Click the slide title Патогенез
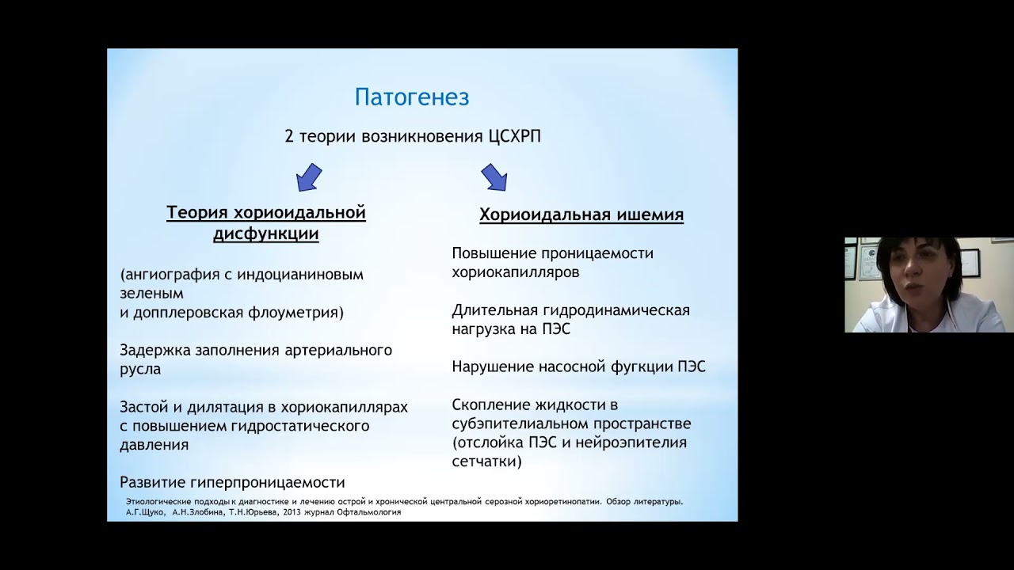pos(411,97)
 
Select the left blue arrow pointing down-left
pos(309,177)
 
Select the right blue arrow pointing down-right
pos(494,177)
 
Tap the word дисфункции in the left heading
pos(266,234)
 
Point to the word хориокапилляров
pos(515,272)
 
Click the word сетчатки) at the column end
pos(486,461)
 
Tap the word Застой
pos(144,407)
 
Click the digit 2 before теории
pos(289,136)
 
